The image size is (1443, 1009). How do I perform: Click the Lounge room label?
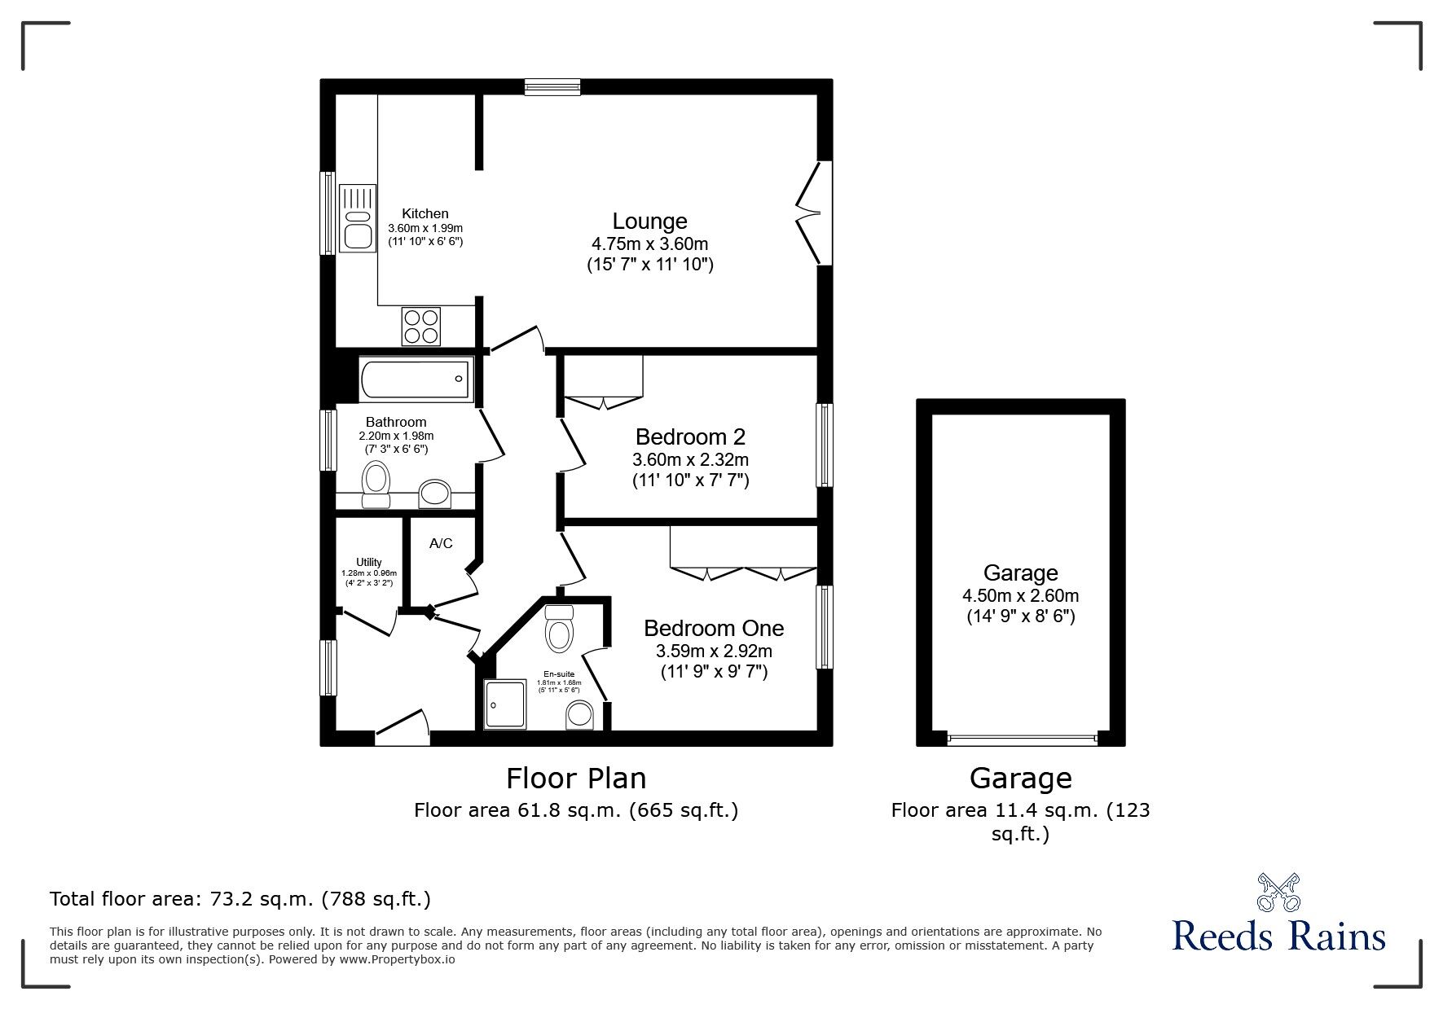649,222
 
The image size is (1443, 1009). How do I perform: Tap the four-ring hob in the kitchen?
420,326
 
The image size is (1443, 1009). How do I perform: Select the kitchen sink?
358,218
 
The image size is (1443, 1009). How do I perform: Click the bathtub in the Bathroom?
415,379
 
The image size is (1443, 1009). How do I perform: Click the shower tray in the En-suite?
505,704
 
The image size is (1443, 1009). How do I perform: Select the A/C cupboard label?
441,543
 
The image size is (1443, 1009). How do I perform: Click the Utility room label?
368,562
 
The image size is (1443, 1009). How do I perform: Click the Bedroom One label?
713,628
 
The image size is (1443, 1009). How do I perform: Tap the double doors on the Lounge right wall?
809,213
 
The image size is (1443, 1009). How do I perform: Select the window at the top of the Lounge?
552,86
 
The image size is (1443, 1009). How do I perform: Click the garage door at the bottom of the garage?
1022,739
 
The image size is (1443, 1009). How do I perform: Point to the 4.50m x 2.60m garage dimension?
1020,595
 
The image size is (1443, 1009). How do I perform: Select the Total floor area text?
240,899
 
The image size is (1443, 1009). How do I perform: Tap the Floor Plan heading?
576,778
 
